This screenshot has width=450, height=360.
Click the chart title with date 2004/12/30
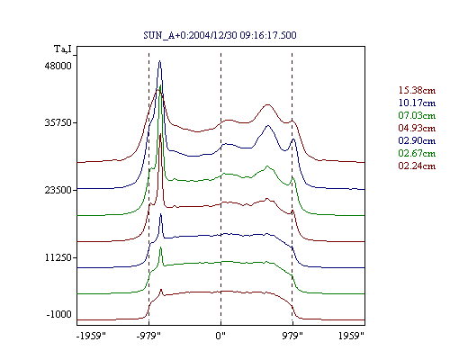pyautogui.click(x=220, y=35)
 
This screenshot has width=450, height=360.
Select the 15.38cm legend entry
pyautogui.click(x=417, y=90)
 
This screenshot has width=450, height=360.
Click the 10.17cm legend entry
pyautogui.click(x=417, y=103)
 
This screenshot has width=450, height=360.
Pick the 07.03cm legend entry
pyautogui.click(x=417, y=115)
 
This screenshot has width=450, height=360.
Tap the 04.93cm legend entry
pyautogui.click(x=417, y=128)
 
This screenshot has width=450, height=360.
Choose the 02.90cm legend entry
pyautogui.click(x=417, y=140)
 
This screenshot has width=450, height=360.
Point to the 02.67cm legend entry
pyautogui.click(x=417, y=153)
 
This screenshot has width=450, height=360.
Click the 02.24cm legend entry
pyautogui.click(x=417, y=166)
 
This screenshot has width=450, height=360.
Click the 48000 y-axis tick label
pyautogui.click(x=58, y=66)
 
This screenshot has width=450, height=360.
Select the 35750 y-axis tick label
pyautogui.click(x=58, y=123)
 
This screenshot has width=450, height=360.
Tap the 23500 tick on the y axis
pyautogui.click(x=58, y=190)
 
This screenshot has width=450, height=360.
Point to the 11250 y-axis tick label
pyautogui.click(x=58, y=257)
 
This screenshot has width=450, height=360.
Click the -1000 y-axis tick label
pyautogui.click(x=59, y=314)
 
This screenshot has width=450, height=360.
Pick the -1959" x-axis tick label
pyautogui.click(x=91, y=336)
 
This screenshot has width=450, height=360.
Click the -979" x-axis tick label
pyautogui.click(x=148, y=336)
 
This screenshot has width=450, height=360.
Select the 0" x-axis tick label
pyautogui.click(x=220, y=336)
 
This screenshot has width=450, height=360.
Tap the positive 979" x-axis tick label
pyautogui.click(x=292, y=336)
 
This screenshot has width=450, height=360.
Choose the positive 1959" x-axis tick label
pyautogui.click(x=351, y=336)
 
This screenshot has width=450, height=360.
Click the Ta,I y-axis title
pyautogui.click(x=63, y=49)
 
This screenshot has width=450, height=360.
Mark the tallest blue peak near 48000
pyautogui.click(x=159, y=61)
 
